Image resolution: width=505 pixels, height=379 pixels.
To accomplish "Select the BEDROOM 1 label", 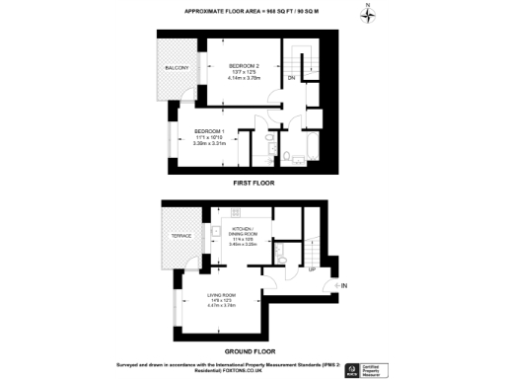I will tap(209, 131).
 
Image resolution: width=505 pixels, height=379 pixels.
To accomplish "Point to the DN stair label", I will tap(292, 77).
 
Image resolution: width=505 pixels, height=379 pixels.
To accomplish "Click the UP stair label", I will tap(312, 268).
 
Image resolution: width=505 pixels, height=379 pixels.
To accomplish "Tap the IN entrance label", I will tap(343, 286).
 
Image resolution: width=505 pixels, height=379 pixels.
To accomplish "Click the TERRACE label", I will tap(181, 238).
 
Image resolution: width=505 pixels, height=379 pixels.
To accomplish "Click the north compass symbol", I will tap(367, 14).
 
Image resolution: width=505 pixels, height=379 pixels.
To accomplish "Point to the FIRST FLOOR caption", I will tap(252, 183).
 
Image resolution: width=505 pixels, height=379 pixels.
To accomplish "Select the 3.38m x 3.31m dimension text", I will tap(209, 143).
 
